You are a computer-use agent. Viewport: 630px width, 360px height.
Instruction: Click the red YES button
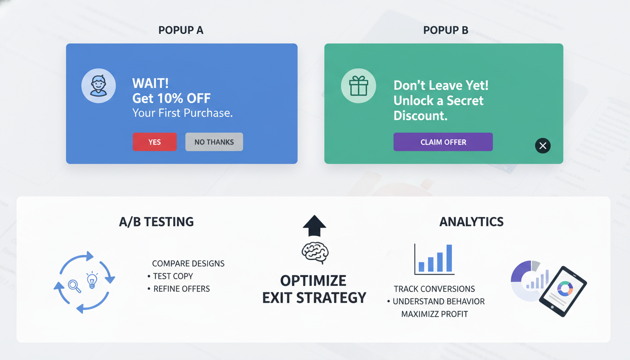click(155, 142)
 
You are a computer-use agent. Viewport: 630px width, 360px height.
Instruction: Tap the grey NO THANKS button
click(214, 142)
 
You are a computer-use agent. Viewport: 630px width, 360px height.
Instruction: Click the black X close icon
click(543, 146)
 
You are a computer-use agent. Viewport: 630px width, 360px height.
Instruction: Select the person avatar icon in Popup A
click(98, 86)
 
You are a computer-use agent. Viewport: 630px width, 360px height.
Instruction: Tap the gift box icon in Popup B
click(358, 86)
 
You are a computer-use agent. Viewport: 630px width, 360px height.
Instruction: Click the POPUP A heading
click(181, 30)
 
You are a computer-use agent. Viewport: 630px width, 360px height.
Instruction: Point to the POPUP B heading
click(445, 30)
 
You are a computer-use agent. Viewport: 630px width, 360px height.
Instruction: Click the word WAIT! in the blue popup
click(150, 83)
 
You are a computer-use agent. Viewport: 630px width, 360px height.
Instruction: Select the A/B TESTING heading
click(157, 222)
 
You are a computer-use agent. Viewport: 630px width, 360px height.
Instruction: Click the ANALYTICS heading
click(471, 222)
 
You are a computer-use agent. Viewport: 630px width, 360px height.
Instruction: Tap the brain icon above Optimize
click(315, 253)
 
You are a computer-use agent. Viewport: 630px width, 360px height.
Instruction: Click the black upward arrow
click(315, 226)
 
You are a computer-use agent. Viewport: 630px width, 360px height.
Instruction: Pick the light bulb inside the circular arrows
click(92, 280)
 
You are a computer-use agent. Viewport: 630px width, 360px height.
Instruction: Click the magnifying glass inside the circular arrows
click(74, 285)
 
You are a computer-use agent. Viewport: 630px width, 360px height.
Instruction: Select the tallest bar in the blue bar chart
click(449, 258)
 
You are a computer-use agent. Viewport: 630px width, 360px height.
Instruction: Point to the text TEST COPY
click(173, 276)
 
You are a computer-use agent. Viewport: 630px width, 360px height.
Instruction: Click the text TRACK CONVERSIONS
click(434, 289)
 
